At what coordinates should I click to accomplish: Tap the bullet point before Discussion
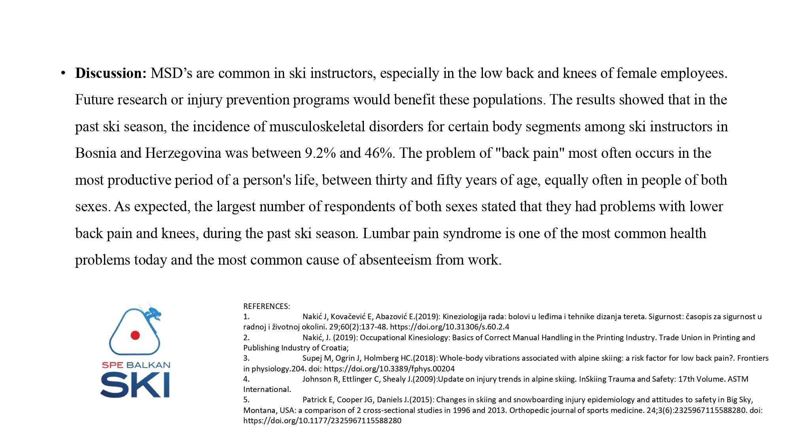[63, 73]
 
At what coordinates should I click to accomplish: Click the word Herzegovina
[183, 153]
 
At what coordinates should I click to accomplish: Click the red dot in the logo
[135, 335]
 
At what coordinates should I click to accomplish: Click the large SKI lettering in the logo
[135, 385]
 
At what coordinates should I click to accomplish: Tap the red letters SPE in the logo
[112, 365]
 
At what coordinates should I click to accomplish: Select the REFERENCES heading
[267, 306]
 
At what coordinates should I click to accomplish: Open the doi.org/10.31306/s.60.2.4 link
[450, 327]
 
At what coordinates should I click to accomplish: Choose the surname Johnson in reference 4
[318, 379]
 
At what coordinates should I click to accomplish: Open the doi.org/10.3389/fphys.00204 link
[389, 369]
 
